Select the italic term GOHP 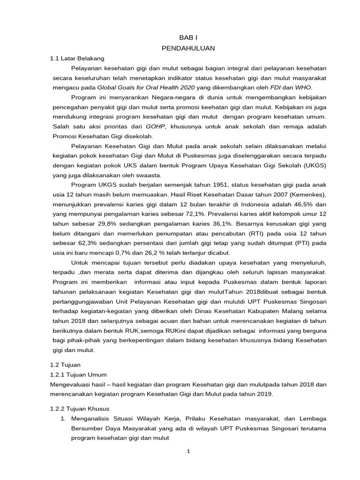pos(156,127)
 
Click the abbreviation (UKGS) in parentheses pos(301,166)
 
